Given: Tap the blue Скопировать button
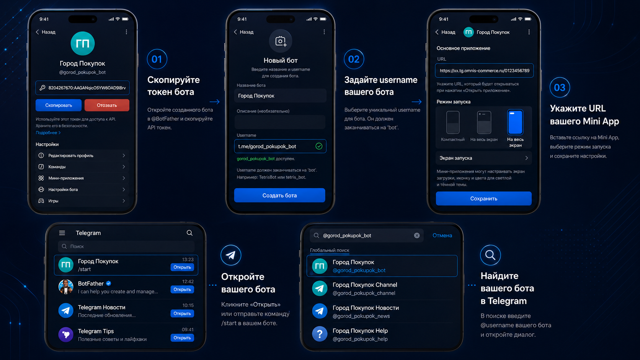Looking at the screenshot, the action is coord(58,105).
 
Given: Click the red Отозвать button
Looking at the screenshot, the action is coord(107,105).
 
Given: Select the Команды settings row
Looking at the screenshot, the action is coord(82,167).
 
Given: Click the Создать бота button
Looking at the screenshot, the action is coord(279,195).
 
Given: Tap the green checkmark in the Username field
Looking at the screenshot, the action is coord(319,146).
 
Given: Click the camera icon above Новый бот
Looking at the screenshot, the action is coord(281,41).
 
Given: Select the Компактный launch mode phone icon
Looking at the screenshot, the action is coord(453,122).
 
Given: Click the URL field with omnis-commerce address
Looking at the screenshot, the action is coord(484,70).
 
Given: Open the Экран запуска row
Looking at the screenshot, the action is coord(484,158).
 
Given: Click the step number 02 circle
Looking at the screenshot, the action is coord(354,59).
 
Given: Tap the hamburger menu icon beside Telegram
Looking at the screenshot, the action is coord(62,233).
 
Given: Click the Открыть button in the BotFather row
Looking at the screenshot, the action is coord(182,290).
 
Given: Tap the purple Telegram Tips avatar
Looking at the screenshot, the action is coord(66,334).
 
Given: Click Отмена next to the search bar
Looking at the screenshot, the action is coord(442,236).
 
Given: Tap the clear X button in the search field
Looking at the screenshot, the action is coord(417,236).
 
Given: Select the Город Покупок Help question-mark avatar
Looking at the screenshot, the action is coord(320,334).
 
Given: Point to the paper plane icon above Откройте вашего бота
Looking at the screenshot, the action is coord(231,255).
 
